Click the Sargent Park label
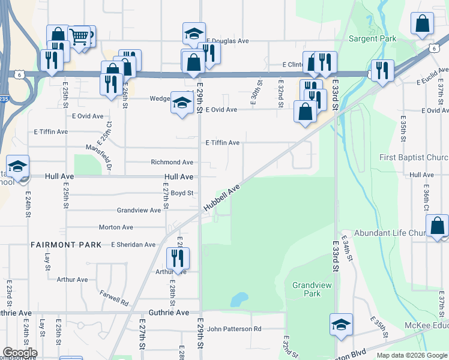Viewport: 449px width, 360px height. click(x=372, y=39)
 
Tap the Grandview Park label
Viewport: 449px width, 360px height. click(x=306, y=290)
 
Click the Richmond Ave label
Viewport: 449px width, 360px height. click(x=172, y=163)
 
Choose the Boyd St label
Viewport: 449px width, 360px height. click(x=182, y=193)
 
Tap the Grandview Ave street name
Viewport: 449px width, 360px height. click(x=139, y=211)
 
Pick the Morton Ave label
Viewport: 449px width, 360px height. click(x=116, y=227)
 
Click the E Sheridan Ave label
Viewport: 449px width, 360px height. click(x=133, y=245)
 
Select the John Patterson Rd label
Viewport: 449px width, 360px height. click(x=234, y=329)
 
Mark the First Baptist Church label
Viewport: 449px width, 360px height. click(x=414, y=158)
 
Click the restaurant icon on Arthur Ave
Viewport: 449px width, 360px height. click(x=178, y=258)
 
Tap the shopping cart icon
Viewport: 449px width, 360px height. click(x=79, y=37)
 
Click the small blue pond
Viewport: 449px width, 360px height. click(x=239, y=298)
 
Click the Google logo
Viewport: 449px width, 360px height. click(x=20, y=353)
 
